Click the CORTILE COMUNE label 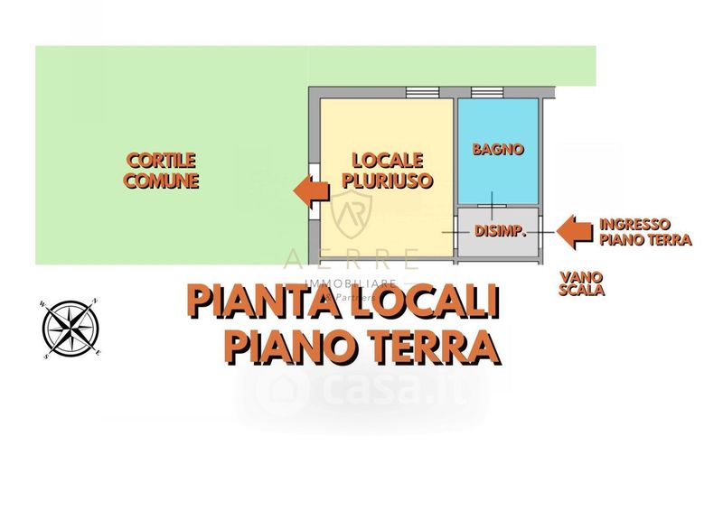coord(161,170)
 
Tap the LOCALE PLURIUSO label coord(387,170)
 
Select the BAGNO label coord(498,150)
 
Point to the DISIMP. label coord(500,231)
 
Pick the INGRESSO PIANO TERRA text coord(645,232)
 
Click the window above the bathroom coord(486,91)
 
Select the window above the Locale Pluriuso coord(421,91)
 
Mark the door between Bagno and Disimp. coord(492,206)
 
